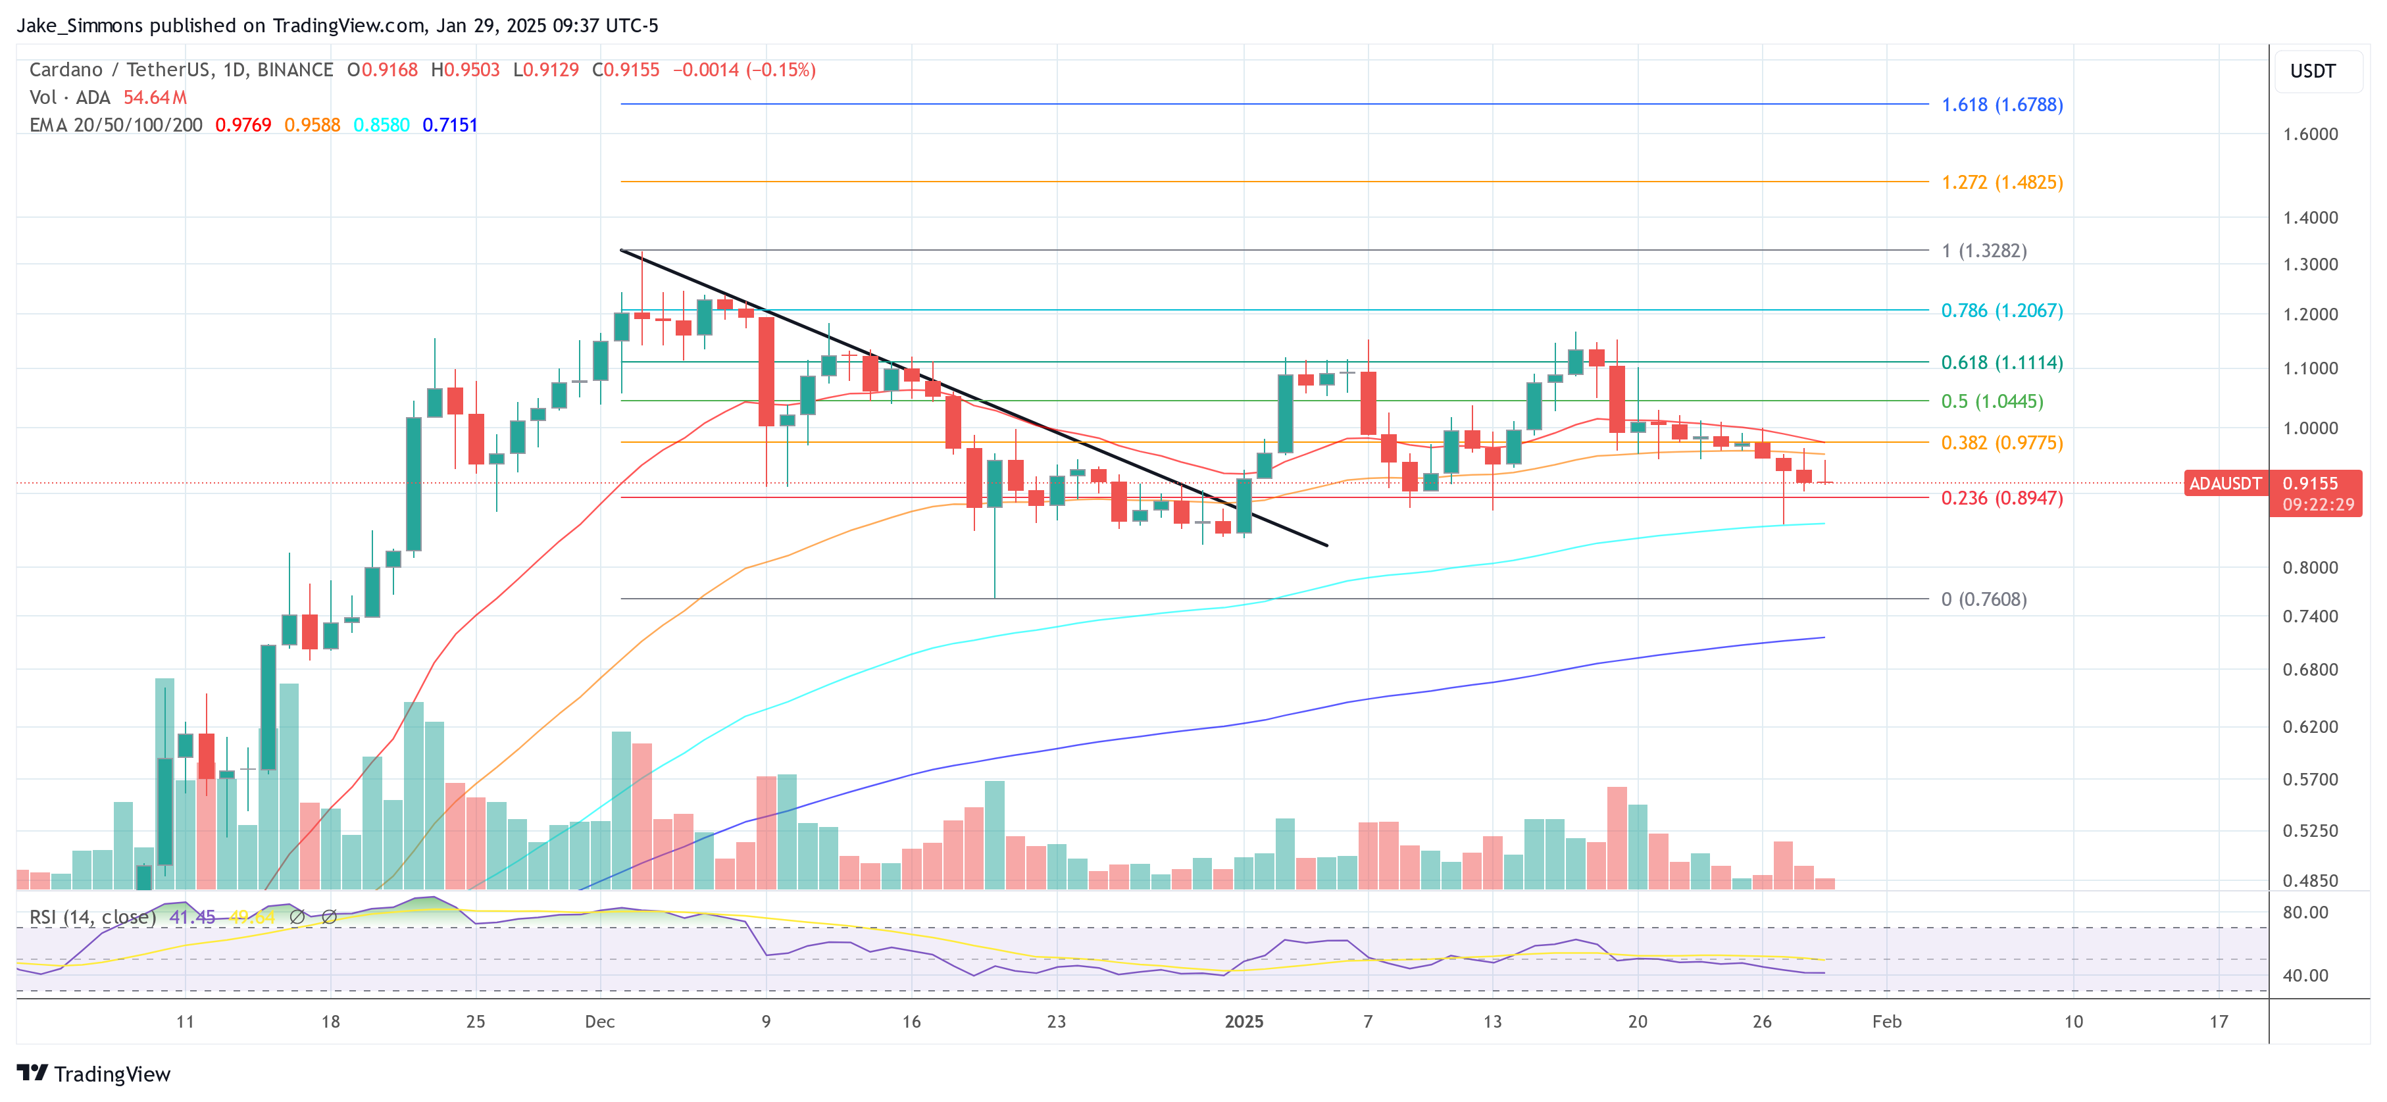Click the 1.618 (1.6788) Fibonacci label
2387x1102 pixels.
2001,105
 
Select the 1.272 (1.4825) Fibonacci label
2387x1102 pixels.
2001,183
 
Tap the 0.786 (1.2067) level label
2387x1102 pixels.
2001,311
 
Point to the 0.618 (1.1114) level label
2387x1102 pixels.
2001,363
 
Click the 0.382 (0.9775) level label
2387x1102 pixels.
2001,443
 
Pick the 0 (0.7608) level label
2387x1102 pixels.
1983,599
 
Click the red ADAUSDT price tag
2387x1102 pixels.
2224,484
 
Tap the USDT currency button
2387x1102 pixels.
2312,71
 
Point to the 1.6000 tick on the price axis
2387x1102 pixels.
2309,134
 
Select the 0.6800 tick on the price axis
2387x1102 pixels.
2309,670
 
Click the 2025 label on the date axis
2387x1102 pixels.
1243,1021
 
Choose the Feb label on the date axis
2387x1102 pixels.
1886,1021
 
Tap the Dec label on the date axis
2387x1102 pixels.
599,1021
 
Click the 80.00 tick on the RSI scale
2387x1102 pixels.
2305,913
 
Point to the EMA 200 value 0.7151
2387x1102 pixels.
449,125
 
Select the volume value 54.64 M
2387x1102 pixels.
155,97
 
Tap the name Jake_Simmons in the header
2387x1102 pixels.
80,26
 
